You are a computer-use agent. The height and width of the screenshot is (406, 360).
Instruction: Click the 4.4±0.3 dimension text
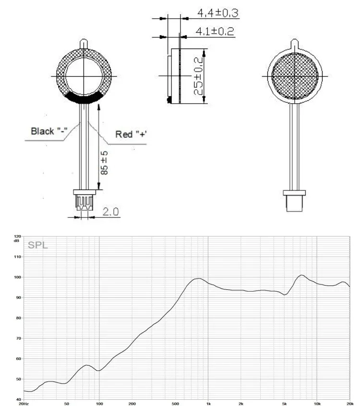tap(218, 12)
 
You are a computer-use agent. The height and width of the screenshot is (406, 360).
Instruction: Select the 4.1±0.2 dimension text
tap(215, 31)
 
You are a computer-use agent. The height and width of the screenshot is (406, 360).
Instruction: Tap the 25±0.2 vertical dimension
tap(198, 76)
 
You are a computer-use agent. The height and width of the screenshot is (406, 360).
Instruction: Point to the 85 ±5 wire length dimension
tap(104, 163)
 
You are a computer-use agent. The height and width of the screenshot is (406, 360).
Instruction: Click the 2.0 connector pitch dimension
tap(110, 212)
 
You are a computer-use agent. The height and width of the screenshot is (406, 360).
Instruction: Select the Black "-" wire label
tap(49, 131)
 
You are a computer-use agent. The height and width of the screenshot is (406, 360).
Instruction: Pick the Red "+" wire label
tap(131, 134)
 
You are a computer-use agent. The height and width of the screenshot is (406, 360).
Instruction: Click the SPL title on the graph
tap(38, 245)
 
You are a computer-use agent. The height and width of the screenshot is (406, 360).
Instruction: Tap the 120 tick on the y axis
tap(18, 237)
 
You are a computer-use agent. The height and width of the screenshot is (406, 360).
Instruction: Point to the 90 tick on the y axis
tap(19, 298)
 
